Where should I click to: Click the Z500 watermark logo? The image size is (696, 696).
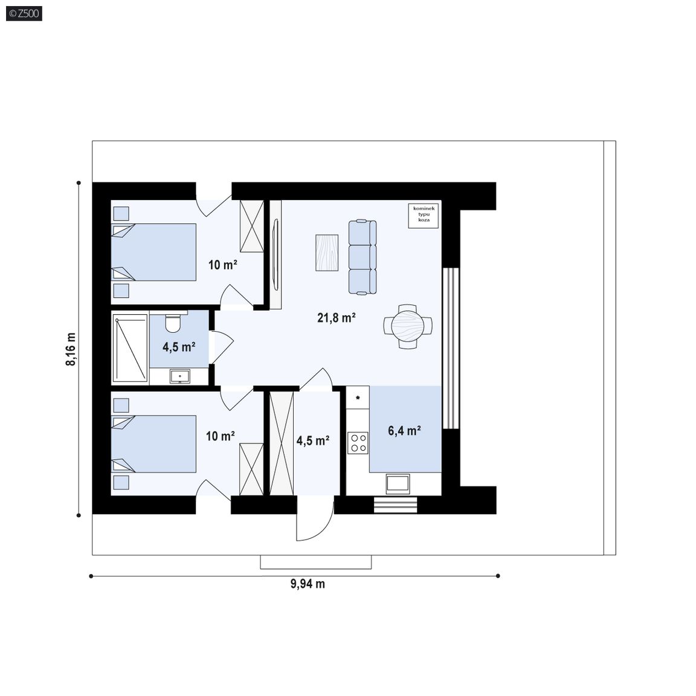coord(24,14)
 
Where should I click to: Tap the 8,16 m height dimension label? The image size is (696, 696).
coord(71,349)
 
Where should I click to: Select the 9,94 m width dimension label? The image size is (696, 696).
coord(308,584)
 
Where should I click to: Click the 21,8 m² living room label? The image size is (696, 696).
coord(337,317)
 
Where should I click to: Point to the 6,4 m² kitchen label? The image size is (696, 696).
coord(404,431)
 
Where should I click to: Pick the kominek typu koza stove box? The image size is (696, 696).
coord(424,216)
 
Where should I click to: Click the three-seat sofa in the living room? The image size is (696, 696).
coord(362,257)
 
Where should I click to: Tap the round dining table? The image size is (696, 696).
coord(408,326)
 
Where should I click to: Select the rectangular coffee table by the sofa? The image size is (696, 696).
coord(327,253)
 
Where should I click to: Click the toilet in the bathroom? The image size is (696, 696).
coord(173,322)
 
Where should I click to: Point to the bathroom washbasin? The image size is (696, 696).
coord(180,376)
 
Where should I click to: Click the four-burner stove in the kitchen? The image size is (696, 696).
coord(358,442)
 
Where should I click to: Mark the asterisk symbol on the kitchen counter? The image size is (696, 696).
coord(358,398)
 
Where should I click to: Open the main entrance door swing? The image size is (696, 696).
coord(315,518)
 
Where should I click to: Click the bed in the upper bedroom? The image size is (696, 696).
coord(153,252)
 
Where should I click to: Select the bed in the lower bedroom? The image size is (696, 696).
coord(153,444)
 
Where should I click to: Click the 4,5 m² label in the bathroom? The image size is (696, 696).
coord(179,347)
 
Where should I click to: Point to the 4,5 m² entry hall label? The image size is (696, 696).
coord(313,440)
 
